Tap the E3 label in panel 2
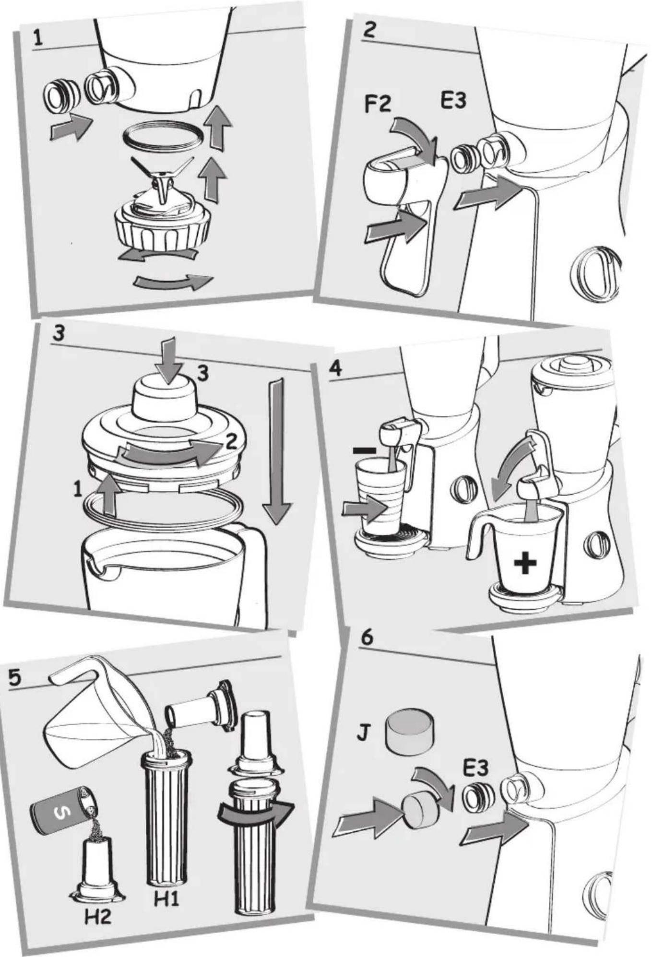coord(453,101)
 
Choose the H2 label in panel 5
coord(98,917)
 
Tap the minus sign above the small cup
coord(364,450)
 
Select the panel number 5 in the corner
coord(15,678)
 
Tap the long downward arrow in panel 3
coord(277,451)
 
